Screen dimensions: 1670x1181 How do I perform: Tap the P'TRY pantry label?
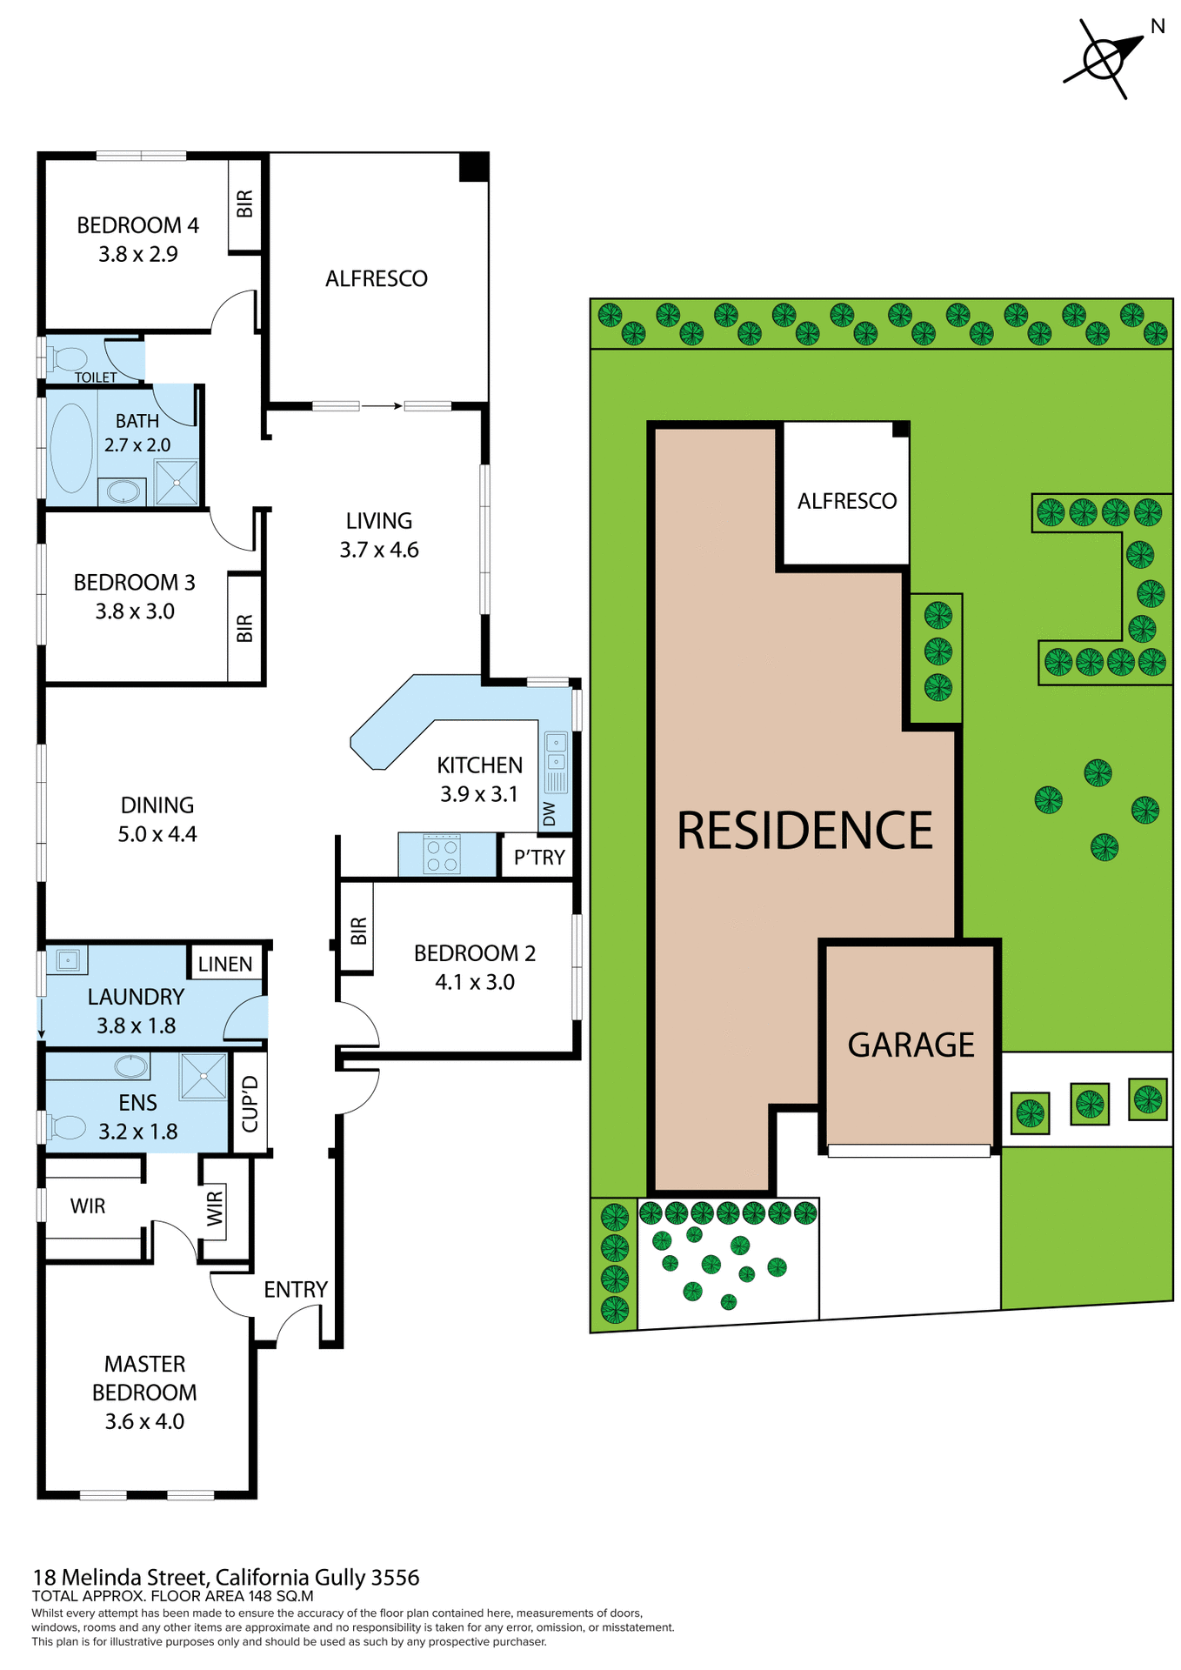click(539, 858)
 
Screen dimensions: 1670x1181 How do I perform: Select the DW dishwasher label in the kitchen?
click(549, 814)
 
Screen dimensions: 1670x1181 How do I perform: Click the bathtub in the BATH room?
click(71, 447)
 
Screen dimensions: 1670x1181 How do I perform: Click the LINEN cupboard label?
click(225, 964)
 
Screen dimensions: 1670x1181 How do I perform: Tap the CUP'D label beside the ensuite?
click(250, 1104)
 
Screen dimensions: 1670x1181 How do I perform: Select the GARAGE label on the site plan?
click(911, 1045)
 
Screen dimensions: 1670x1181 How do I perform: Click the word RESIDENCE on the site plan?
click(804, 831)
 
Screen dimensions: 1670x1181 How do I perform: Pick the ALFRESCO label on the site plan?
click(847, 501)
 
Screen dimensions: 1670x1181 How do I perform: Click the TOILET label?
click(96, 377)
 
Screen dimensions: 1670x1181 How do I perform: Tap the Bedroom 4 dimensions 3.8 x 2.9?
click(138, 254)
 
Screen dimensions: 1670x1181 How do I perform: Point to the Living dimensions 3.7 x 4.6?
click(379, 550)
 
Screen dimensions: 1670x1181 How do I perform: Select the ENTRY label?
click(296, 1289)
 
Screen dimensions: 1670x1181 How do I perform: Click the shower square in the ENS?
click(204, 1076)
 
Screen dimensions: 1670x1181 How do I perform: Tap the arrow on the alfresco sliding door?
click(382, 405)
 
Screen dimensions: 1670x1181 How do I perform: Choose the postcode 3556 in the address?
click(395, 1577)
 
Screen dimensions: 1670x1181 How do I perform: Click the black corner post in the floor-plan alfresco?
click(474, 167)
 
